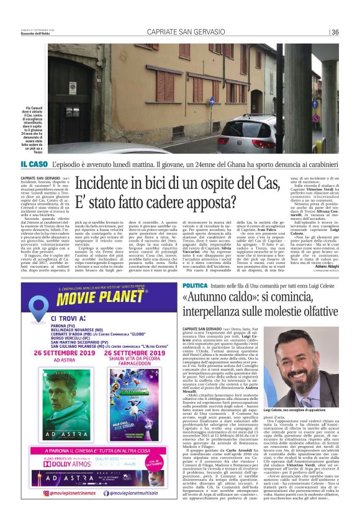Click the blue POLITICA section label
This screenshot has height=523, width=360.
coord(196,285)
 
